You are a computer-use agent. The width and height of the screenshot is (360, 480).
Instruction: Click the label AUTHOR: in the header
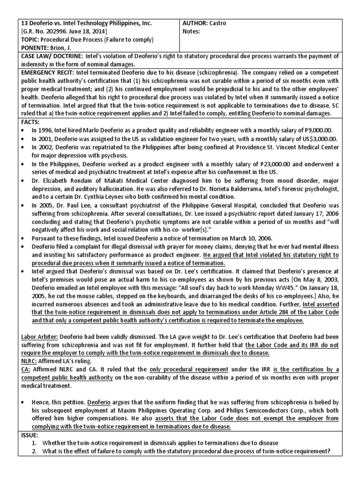[198, 23]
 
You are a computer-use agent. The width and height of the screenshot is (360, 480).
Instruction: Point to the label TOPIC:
[31, 40]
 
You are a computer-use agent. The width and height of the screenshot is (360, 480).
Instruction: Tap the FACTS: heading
[30, 121]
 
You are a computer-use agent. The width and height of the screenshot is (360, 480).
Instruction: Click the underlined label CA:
[26, 369]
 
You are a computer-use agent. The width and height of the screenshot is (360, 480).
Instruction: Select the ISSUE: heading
[30, 435]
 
